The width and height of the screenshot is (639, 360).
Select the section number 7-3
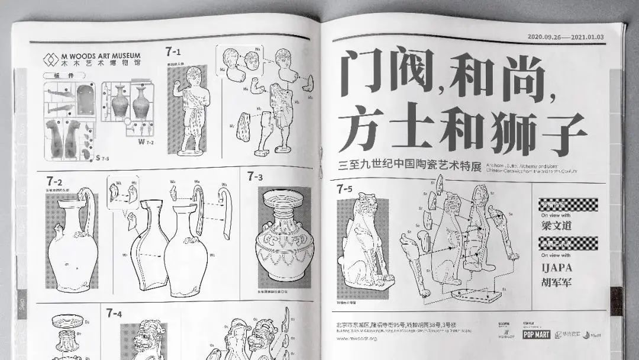click(255, 176)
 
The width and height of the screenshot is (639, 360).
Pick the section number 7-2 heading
click(54, 181)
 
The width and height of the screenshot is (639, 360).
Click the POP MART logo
click(536, 335)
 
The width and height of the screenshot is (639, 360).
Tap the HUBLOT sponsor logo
click(505, 335)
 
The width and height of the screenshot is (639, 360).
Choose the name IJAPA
click(557, 267)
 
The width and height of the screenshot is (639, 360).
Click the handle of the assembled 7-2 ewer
click(89, 208)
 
